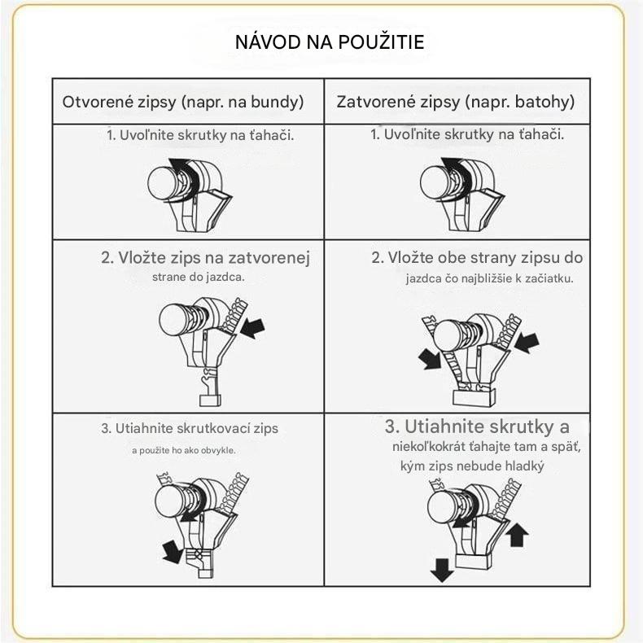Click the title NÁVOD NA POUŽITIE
tap(330, 42)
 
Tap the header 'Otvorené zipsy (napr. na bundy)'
tap(183, 102)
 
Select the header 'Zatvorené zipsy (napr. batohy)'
tap(455, 102)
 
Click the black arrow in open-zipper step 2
tap(252, 328)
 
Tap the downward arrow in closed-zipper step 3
tap(442, 570)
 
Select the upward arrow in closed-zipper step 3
tap(517, 534)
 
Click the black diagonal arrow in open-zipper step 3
tap(173, 552)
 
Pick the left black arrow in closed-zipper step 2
tap(430, 359)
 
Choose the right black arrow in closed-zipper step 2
tap(527, 342)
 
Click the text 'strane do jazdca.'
tap(198, 278)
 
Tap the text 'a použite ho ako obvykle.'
tap(184, 450)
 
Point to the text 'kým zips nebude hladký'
tap(472, 466)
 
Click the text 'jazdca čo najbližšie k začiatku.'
tap(490, 279)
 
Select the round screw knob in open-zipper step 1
tap(163, 183)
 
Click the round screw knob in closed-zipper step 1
tap(435, 183)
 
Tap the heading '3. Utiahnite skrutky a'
tap(477, 426)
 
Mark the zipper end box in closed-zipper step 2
tap(475, 398)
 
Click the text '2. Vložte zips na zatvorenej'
tap(205, 258)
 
